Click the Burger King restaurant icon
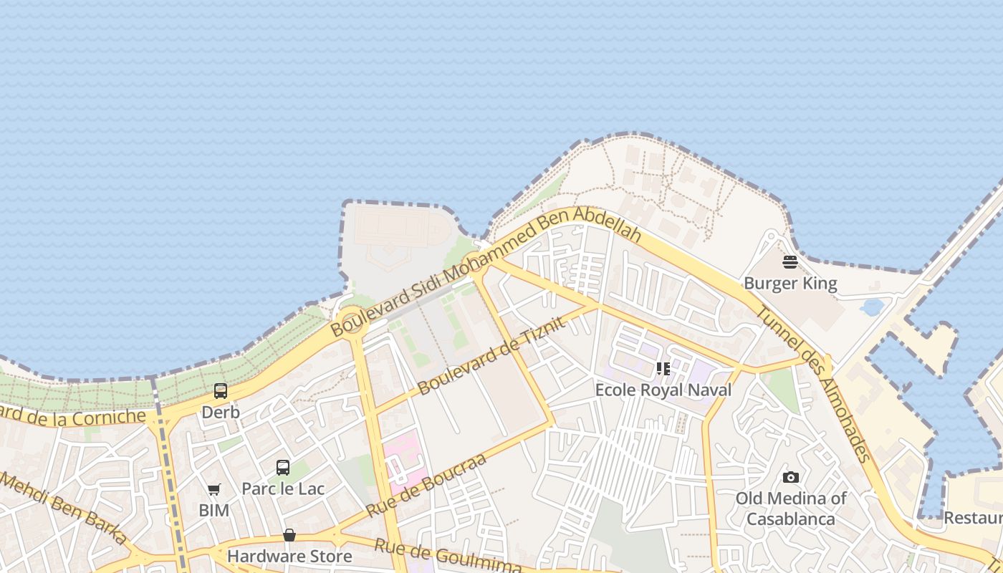[x=790, y=262]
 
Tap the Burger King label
[x=790, y=284]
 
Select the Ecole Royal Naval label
[x=663, y=390]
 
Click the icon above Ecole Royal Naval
[x=663, y=369]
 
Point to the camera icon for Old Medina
[x=791, y=477]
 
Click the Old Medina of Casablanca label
[x=791, y=509]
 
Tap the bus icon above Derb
[x=221, y=391]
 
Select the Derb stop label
[x=221, y=413]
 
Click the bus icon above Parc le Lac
[x=283, y=468]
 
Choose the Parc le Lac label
[x=283, y=489]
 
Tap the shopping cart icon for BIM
[x=213, y=490]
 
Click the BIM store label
[x=213, y=511]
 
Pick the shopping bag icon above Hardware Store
[x=289, y=535]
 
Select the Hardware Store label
[x=289, y=556]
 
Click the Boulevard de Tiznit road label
[x=491, y=356]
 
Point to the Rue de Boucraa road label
[x=426, y=486]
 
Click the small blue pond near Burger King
[x=872, y=307]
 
